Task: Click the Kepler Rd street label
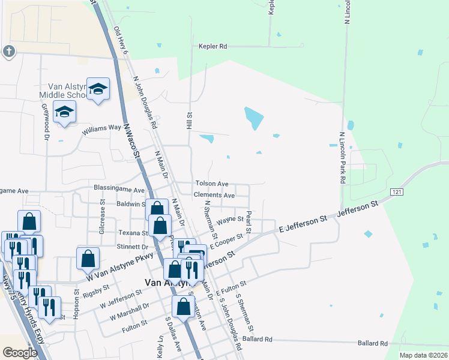pyautogui.click(x=214, y=46)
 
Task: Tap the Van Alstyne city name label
pyautogui.click(x=167, y=283)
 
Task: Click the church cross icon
pyautogui.click(x=8, y=51)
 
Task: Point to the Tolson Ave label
pyautogui.click(x=211, y=184)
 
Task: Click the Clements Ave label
pyautogui.click(x=214, y=195)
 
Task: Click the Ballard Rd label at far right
pyautogui.click(x=372, y=343)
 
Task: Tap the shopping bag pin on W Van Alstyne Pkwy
pyautogui.click(x=88, y=258)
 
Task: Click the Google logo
pyautogui.click(x=20, y=353)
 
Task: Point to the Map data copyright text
pyautogui.click(x=423, y=355)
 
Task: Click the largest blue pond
pyautogui.click(x=254, y=118)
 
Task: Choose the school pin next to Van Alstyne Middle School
pyautogui.click(x=98, y=90)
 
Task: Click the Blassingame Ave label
pyautogui.click(x=119, y=189)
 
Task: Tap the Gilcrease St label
pyautogui.click(x=103, y=221)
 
